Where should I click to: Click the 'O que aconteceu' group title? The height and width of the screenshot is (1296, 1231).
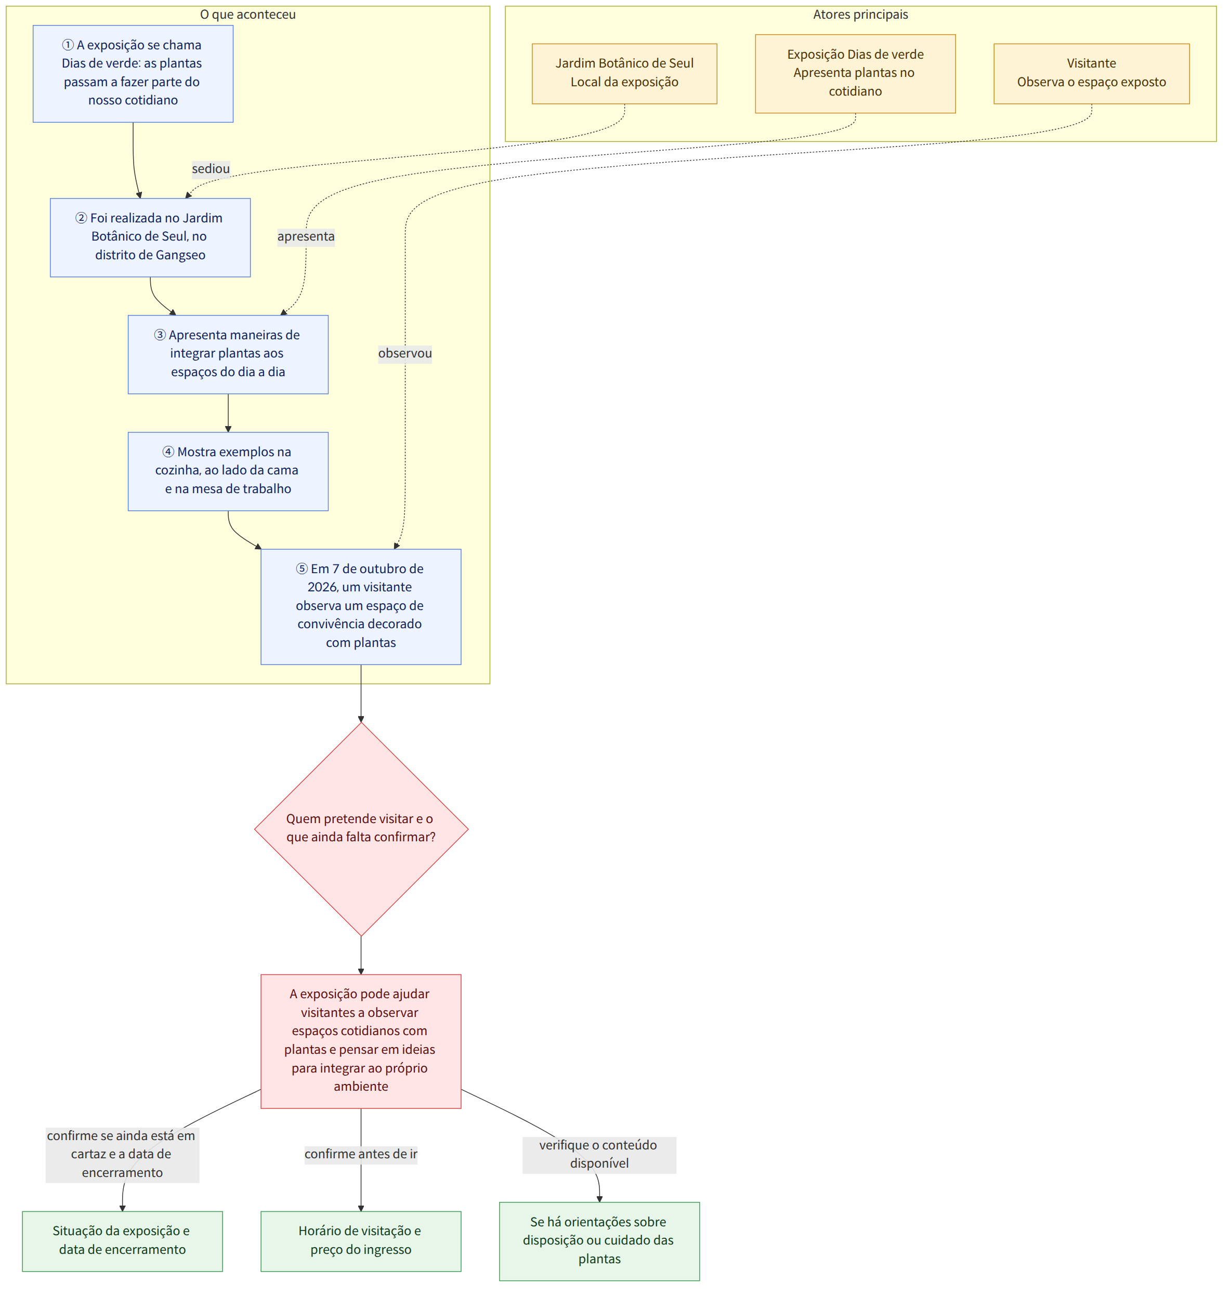tap(247, 15)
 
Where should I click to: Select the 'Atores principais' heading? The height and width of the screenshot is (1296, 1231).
tap(860, 15)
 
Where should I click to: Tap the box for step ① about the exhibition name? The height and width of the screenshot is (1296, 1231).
tap(133, 73)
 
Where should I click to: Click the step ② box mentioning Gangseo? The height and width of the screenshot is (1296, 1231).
tap(150, 237)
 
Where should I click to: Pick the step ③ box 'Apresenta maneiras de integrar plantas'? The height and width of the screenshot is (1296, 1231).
tap(228, 354)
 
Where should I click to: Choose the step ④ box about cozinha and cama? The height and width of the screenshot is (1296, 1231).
tap(228, 471)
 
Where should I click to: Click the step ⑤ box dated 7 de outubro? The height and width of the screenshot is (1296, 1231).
tap(361, 606)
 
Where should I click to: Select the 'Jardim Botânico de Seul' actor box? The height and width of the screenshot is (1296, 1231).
tap(624, 73)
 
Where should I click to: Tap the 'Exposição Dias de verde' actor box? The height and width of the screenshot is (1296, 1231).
tap(855, 73)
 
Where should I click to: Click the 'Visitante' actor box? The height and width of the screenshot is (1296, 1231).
tap(1091, 73)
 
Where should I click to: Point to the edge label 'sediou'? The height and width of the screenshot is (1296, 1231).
tap(211, 168)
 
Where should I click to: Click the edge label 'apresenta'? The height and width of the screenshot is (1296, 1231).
tap(306, 236)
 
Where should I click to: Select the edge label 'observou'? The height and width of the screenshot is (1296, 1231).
tap(405, 353)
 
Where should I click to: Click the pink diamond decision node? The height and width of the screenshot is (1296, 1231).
tap(361, 829)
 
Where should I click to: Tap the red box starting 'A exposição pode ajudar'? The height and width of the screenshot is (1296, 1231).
tap(361, 1041)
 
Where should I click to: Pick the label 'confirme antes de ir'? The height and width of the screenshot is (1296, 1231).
tap(361, 1154)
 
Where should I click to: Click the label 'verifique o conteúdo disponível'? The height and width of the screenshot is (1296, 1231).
tap(599, 1154)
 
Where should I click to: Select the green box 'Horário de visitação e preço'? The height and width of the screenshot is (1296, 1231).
tap(361, 1241)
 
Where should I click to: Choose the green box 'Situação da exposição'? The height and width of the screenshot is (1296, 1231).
tap(122, 1241)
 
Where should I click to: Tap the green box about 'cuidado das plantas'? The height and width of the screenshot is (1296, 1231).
tap(599, 1241)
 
